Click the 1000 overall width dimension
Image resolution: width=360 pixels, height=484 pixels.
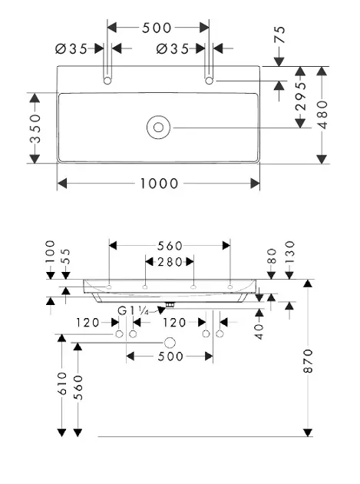pos(159,184)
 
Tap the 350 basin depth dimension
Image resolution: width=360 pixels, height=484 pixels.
pos(35,128)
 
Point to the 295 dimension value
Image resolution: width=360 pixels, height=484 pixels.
pos(300,104)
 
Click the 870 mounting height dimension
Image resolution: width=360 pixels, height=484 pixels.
pos(309,361)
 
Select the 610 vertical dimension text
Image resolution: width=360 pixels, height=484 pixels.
pos(61,384)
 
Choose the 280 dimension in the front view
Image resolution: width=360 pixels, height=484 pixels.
pos(170,261)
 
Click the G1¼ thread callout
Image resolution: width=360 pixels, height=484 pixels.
pos(134,311)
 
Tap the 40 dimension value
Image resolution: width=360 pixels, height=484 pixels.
pos(259,330)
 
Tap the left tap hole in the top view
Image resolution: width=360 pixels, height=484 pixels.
pos(108,79)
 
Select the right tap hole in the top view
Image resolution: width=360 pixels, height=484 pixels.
pos(210,79)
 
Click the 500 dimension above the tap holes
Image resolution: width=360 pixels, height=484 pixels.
pos(157,28)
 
